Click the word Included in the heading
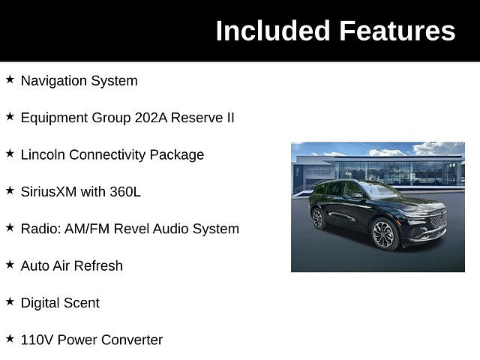273,31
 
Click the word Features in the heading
397,31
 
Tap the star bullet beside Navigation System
10,79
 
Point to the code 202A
151,118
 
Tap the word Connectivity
107,155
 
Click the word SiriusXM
49,192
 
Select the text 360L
125,192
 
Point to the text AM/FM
87,229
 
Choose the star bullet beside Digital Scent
10,301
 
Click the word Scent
82,303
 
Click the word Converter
132,340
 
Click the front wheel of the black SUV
383,235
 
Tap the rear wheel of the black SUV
318,218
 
